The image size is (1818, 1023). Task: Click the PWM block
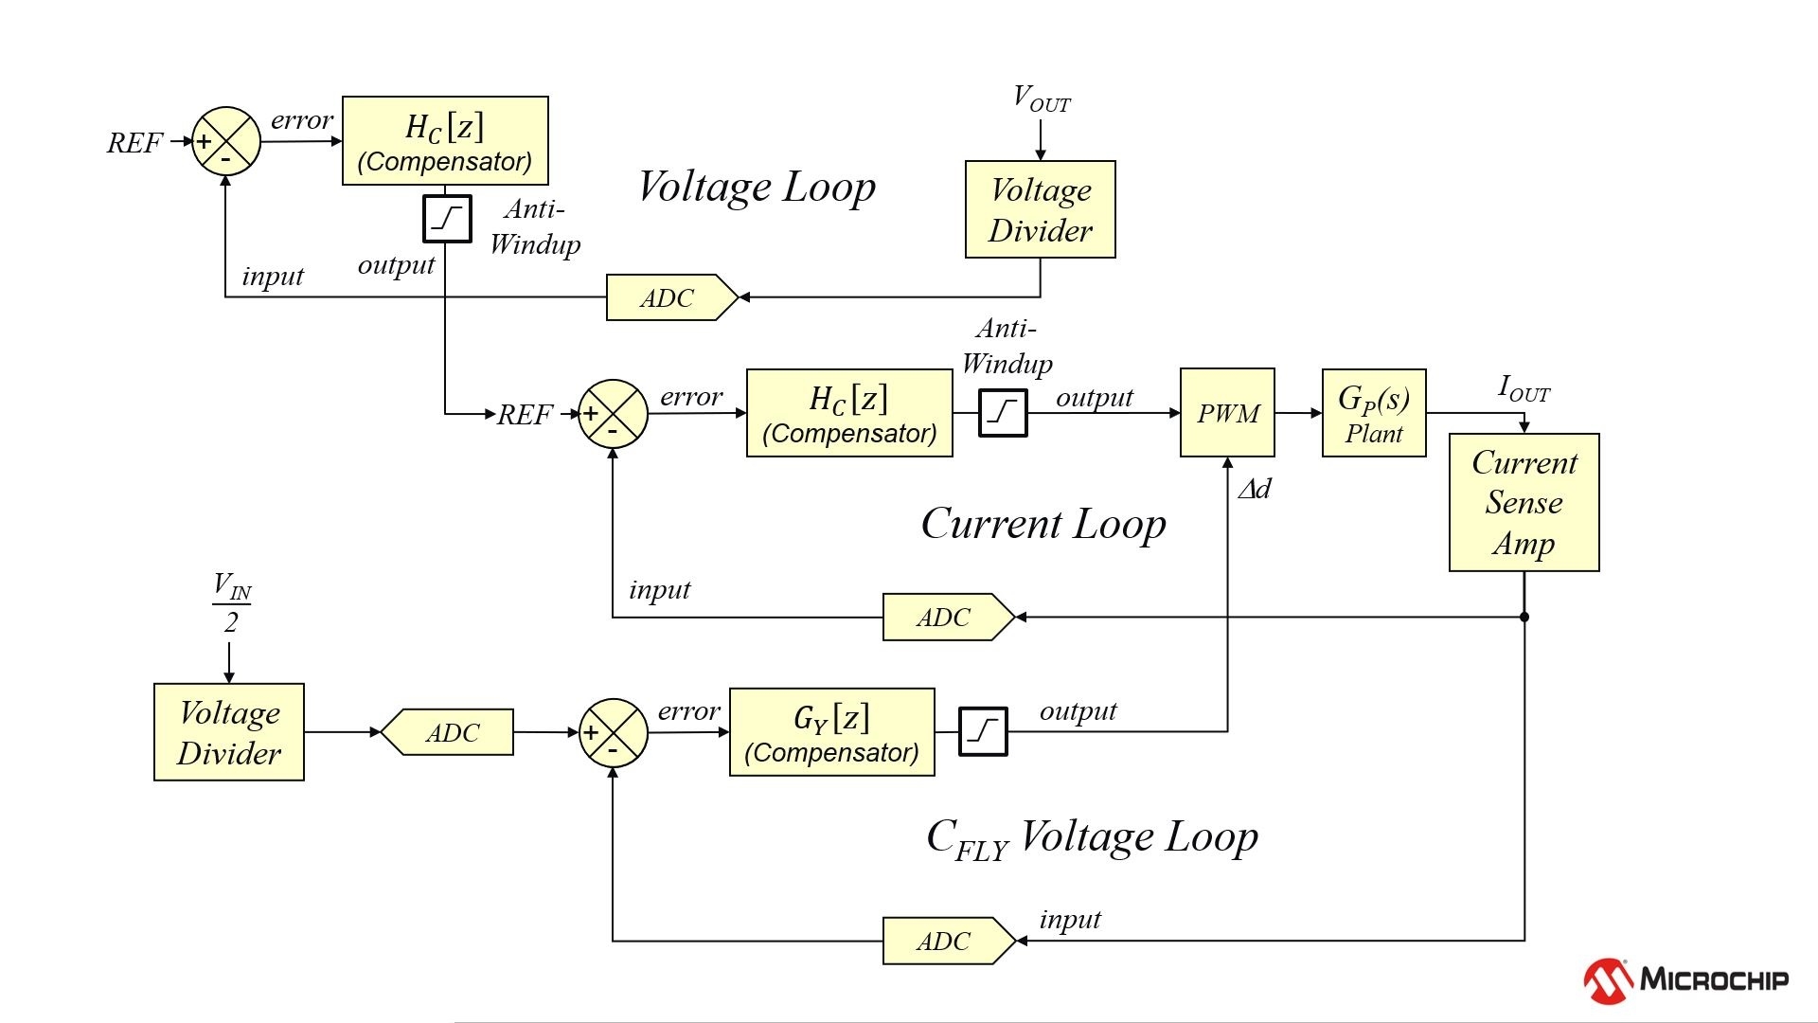click(1227, 413)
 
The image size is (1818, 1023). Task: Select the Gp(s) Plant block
click(1374, 413)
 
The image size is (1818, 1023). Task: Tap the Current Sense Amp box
click(1524, 502)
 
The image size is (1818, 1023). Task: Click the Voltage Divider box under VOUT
click(1040, 209)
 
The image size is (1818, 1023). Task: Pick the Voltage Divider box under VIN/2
click(229, 732)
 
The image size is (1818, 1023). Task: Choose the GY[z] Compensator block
click(831, 732)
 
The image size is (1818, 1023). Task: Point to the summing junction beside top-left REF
click(226, 141)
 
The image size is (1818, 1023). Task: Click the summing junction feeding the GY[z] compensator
click(613, 732)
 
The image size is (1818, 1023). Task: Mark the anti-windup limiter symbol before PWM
click(1003, 412)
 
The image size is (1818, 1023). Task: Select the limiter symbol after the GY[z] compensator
click(983, 731)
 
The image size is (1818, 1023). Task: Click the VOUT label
click(1041, 99)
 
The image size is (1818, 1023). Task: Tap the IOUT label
click(1524, 388)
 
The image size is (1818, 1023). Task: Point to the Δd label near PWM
click(1255, 489)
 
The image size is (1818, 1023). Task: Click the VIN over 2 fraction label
click(231, 602)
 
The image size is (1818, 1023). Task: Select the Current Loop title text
click(1043, 524)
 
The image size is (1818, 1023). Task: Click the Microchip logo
click(1685, 979)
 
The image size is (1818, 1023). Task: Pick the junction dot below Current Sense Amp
click(1524, 617)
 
